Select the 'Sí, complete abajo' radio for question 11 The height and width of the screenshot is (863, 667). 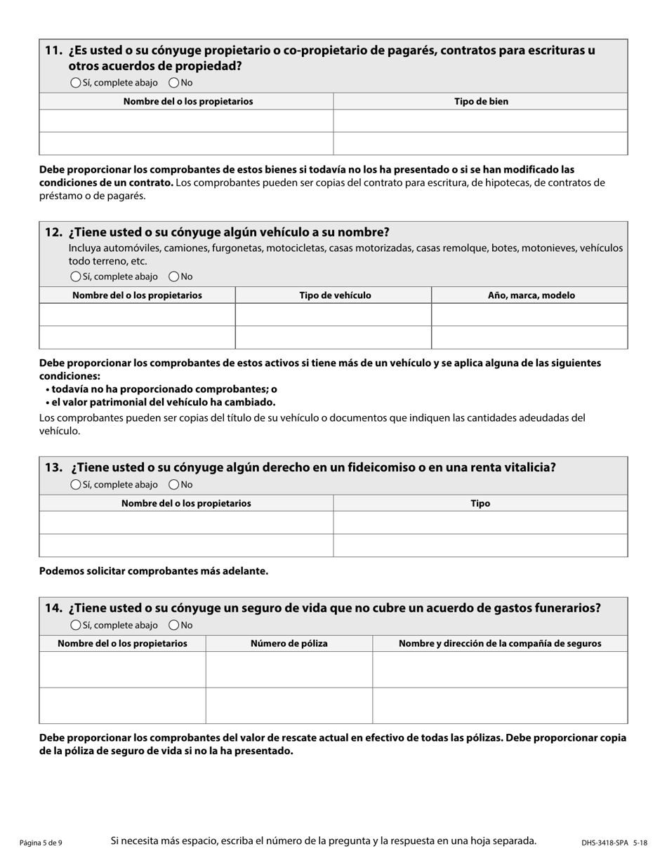click(76, 83)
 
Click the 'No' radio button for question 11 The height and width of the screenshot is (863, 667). click(174, 83)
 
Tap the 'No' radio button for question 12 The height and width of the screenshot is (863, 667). click(174, 276)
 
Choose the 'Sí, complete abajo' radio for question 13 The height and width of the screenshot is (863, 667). click(76, 485)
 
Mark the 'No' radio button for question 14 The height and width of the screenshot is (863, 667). click(174, 625)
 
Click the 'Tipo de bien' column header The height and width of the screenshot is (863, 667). click(481, 102)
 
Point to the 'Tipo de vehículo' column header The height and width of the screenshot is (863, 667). click(335, 295)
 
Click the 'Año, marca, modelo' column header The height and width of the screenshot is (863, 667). click(531, 295)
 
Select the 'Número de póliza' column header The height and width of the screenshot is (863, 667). click(289, 643)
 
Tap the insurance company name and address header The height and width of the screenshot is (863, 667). click(500, 643)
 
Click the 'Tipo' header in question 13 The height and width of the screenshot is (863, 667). click(480, 503)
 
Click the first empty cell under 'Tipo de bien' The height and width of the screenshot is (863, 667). click(480, 121)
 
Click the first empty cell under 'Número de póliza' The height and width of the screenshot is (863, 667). click(289, 669)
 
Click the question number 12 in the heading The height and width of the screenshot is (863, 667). click(53, 232)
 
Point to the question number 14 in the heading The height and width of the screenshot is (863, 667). click(53, 608)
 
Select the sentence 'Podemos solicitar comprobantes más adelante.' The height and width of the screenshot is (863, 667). click(154, 571)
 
